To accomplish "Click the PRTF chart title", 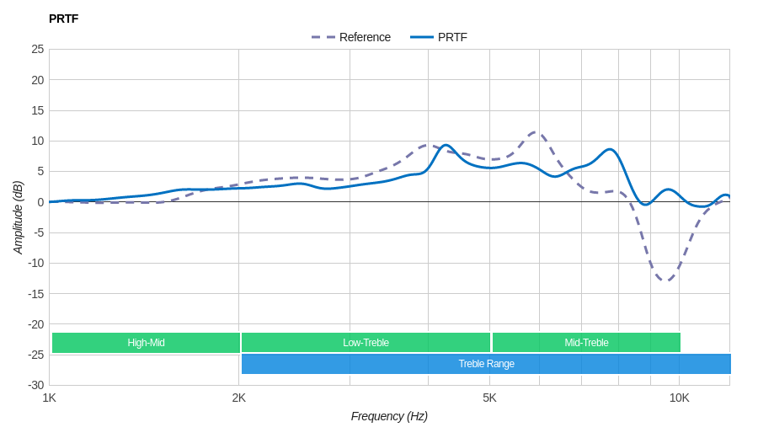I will pos(63,19).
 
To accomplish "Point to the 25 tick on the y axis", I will pos(38,49).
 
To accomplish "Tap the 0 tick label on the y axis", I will pos(40,202).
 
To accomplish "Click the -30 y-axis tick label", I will pos(35,385).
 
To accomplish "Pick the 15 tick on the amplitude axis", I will pos(38,110).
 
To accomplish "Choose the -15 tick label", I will pos(35,293).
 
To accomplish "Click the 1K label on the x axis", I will pos(50,398).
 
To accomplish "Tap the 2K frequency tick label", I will pos(239,398).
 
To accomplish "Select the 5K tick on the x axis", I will pos(489,398).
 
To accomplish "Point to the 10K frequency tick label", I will pos(679,398).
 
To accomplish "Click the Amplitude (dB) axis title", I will pos(18,217).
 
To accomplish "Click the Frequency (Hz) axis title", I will pos(389,416).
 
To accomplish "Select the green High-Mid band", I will pos(146,343).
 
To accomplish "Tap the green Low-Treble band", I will pos(366,343).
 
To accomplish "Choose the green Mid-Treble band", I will pos(586,343).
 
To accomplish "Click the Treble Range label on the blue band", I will pos(486,364).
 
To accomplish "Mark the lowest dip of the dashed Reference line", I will pos(666,280).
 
